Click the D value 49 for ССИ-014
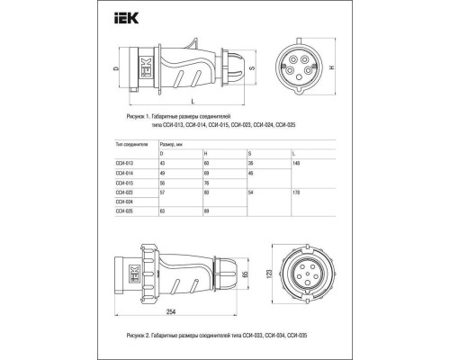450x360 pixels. click(162, 172)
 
